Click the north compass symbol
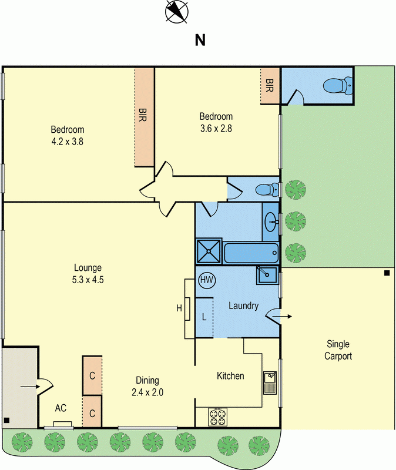[177, 12]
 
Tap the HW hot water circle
[207, 280]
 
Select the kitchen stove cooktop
[217, 417]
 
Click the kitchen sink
[270, 383]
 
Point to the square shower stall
[209, 251]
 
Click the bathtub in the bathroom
[251, 253]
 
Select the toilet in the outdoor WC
[338, 86]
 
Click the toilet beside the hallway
[267, 190]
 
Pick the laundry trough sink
[267, 275]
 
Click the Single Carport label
[338, 350]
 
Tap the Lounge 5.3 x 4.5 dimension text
[88, 273]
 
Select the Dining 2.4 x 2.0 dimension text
[147, 386]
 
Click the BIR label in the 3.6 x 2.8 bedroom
[269, 85]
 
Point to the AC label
[61, 408]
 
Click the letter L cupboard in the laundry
[204, 317]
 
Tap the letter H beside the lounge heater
[179, 308]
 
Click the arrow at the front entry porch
[30, 387]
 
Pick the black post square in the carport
[387, 273]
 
